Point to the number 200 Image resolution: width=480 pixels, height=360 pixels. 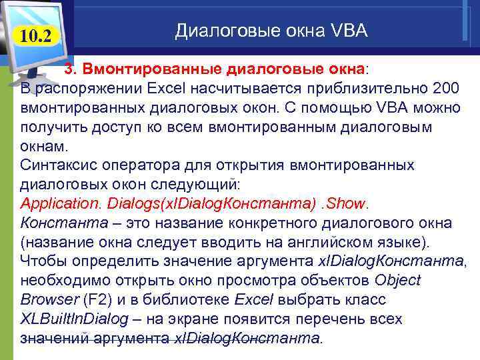pos(445,88)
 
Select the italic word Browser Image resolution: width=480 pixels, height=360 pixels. pos(48,299)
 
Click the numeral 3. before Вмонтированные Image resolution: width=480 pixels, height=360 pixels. pos(69,69)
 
